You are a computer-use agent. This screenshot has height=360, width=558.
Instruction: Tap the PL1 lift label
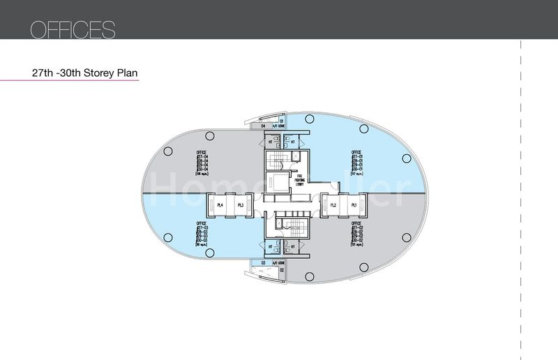[x=354, y=205]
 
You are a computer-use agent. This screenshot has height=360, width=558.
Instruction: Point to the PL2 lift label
[x=333, y=205]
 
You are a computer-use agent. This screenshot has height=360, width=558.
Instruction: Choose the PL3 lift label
[x=239, y=205]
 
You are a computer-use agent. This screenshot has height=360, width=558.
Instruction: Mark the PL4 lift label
[x=219, y=205]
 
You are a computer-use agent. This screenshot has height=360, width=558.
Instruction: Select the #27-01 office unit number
[x=356, y=158]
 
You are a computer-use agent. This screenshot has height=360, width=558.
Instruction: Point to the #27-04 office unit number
[x=202, y=158]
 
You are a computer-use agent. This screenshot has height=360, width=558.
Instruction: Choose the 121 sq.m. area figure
[x=356, y=247]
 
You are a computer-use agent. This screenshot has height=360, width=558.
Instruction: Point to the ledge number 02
[x=281, y=269]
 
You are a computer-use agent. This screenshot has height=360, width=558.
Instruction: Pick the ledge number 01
[x=281, y=121]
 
